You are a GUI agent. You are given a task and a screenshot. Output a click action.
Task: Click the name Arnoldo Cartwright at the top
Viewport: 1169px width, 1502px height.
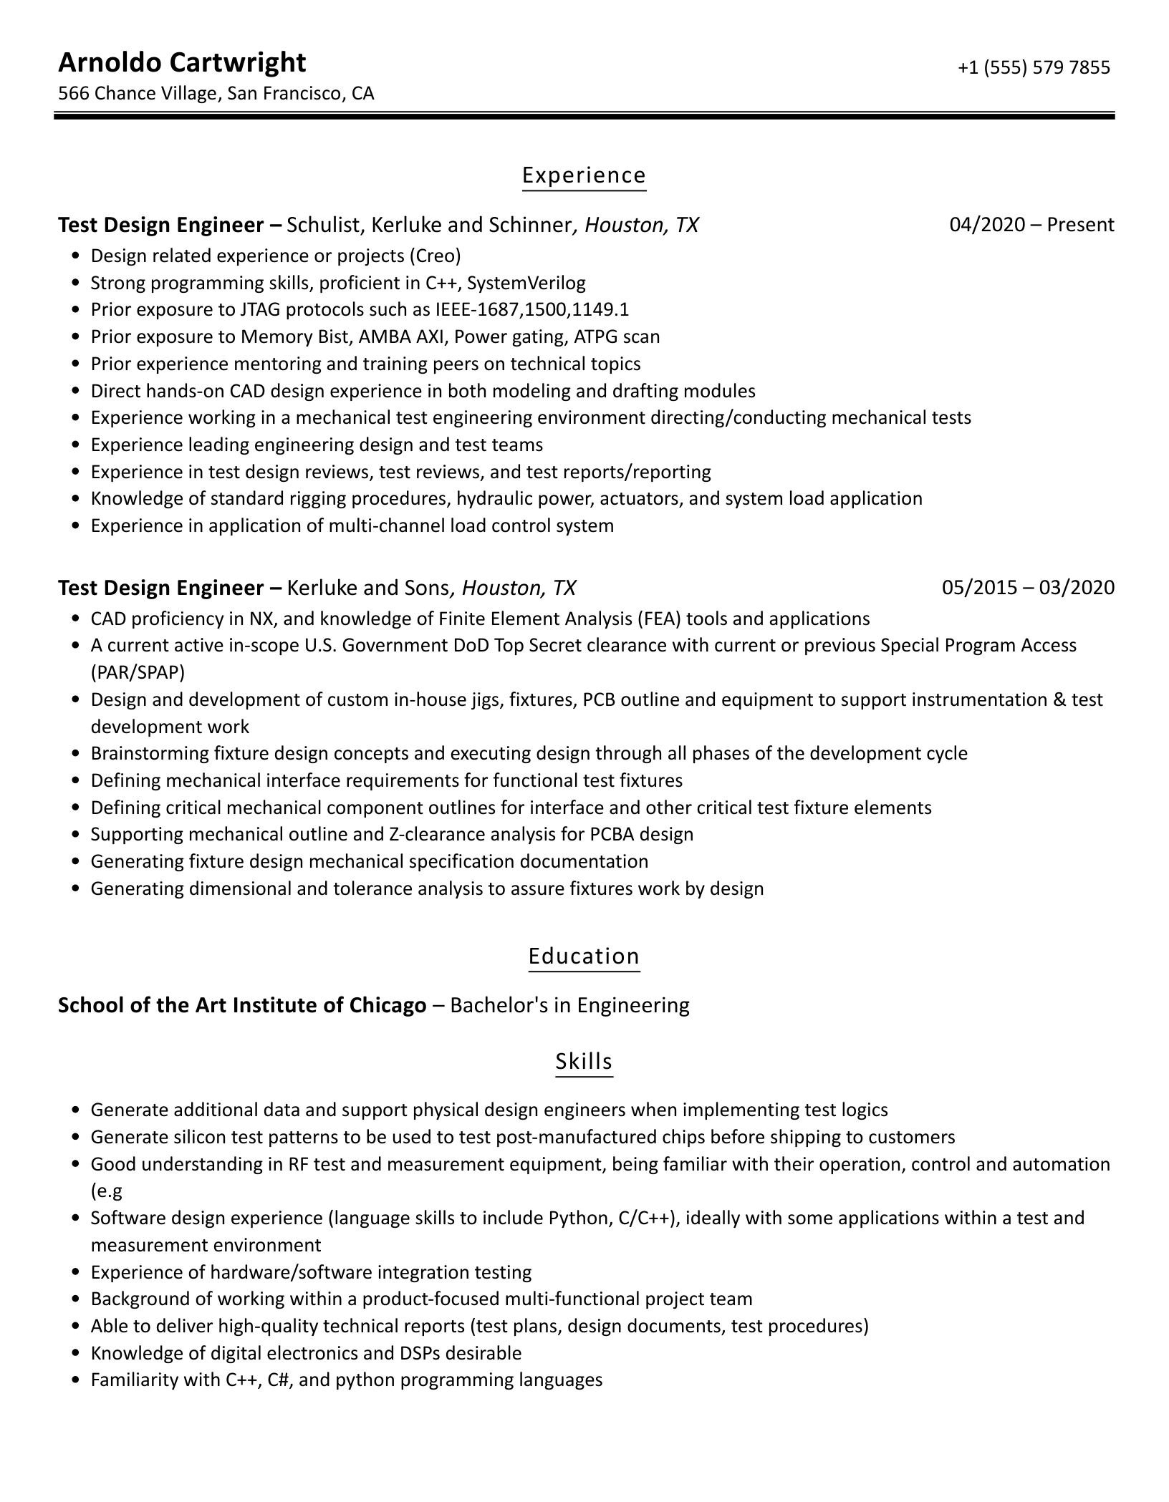click(x=182, y=63)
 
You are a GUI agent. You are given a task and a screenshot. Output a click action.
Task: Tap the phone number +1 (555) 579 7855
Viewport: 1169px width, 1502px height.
click(x=1034, y=67)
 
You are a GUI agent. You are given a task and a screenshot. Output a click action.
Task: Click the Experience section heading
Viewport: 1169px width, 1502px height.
click(x=584, y=175)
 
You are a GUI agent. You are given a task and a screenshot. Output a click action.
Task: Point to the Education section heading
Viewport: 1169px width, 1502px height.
click(x=584, y=956)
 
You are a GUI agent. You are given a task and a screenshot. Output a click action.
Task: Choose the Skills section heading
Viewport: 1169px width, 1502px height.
click(x=584, y=1061)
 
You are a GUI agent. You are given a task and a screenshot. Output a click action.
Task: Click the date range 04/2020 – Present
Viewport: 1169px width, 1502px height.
click(x=1031, y=225)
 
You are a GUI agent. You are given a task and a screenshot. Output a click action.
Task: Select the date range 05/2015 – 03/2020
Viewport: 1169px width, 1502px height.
click(x=1028, y=588)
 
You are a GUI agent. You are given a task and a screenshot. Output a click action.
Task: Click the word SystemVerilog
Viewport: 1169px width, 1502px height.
click(x=526, y=283)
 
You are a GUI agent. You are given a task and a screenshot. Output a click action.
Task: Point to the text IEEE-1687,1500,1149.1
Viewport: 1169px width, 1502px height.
click(x=531, y=310)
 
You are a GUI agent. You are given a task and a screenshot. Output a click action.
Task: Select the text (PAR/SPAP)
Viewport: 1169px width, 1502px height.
click(x=138, y=672)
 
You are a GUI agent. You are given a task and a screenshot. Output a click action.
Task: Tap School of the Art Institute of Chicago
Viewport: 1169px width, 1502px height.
click(x=242, y=1005)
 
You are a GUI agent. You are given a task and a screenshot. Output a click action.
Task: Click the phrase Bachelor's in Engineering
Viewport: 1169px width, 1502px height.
click(x=570, y=1005)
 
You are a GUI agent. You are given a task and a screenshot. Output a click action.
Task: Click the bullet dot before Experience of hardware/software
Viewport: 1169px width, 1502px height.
click(x=76, y=1273)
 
